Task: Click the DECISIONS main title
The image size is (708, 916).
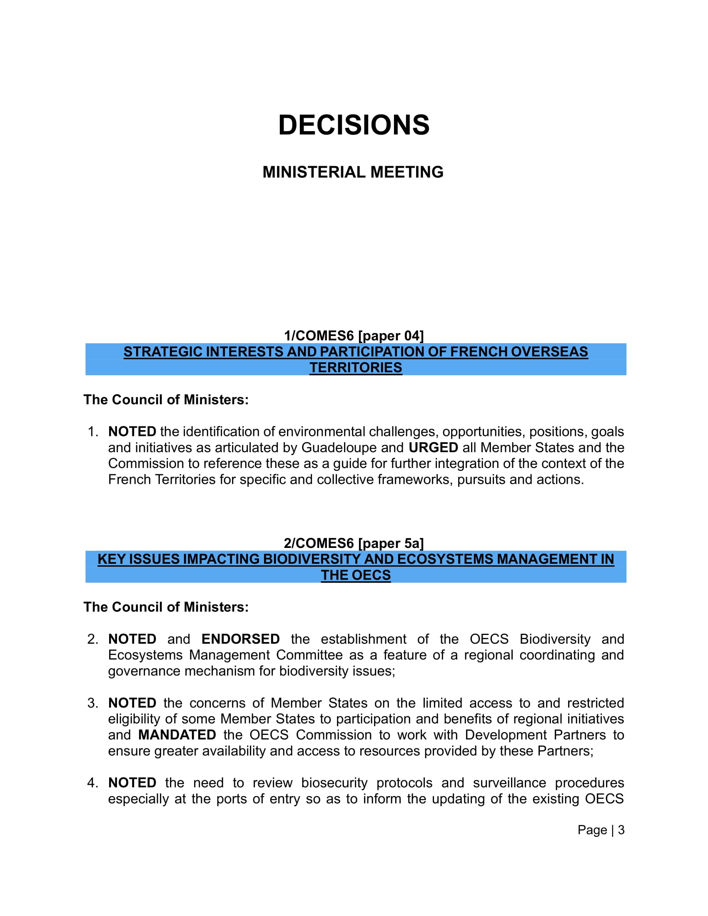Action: [x=354, y=125]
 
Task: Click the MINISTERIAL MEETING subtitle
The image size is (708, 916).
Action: [x=353, y=172]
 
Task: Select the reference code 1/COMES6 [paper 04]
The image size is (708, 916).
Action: [x=354, y=336]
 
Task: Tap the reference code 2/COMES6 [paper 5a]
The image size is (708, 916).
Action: [x=354, y=543]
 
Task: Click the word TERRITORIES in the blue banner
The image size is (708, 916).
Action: [x=356, y=367]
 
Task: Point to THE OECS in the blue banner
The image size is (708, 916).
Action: [x=356, y=575]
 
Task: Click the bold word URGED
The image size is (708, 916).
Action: [x=433, y=448]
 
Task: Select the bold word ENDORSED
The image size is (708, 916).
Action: [x=240, y=639]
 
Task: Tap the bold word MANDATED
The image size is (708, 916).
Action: [x=177, y=735]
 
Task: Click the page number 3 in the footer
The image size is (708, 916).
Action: [x=621, y=829]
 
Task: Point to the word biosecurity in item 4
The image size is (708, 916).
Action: [x=334, y=783]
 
